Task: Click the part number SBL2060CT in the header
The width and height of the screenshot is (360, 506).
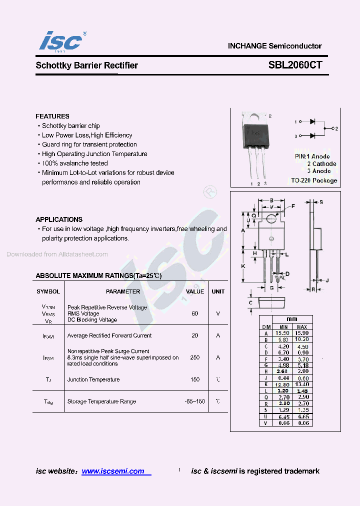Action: coord(295,65)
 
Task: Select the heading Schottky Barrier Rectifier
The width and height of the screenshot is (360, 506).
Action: coord(86,65)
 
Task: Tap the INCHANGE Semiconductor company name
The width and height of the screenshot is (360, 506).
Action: coord(274,46)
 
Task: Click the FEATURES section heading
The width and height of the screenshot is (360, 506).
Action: coord(52,116)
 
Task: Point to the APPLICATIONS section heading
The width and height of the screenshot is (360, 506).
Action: coord(59,219)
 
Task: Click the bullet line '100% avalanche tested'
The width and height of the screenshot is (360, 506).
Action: coord(74,163)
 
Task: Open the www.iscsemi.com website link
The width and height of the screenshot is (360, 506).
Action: coord(113,471)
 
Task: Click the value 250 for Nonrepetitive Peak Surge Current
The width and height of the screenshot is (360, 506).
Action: coord(195,357)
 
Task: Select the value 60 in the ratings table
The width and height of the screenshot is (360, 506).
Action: coord(195,313)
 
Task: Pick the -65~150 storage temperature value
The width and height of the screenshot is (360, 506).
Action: coord(195,401)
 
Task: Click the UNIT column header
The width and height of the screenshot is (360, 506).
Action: coord(218,291)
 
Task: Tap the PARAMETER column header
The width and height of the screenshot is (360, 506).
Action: coord(123,291)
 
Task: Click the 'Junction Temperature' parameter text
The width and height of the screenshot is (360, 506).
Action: coord(93,379)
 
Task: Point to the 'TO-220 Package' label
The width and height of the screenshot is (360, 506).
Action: coord(314,180)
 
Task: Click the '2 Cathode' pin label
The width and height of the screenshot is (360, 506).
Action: coord(321,164)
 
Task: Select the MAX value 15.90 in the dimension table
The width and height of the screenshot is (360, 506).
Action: coord(302,333)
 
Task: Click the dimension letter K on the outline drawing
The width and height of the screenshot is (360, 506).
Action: coord(243,266)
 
